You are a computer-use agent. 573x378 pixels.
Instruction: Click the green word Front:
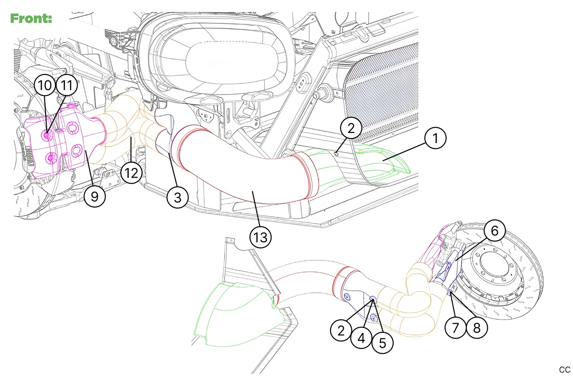pos(31,18)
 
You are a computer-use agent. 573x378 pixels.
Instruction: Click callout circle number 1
pos(435,138)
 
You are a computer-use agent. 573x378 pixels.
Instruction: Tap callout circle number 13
pos(261,237)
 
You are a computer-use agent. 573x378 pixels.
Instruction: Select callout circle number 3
pos(177,197)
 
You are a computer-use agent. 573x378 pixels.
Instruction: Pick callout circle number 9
pos(94,196)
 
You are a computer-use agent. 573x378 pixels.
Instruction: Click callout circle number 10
pos(45,85)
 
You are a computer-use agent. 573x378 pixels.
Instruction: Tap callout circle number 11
pos(67,85)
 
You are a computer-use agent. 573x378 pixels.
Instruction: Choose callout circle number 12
pos(131,173)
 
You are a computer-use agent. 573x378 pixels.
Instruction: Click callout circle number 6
pos(494,230)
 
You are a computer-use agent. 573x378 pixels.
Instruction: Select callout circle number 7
pos(455,328)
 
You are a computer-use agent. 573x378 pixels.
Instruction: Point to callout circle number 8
pos(477,328)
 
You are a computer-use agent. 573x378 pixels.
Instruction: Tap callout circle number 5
pos(382,343)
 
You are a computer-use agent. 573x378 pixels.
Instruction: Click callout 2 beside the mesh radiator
pos(351,128)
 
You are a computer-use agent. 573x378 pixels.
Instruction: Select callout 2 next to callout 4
pos(341,330)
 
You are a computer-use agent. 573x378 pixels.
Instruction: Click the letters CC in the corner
pos(565,370)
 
